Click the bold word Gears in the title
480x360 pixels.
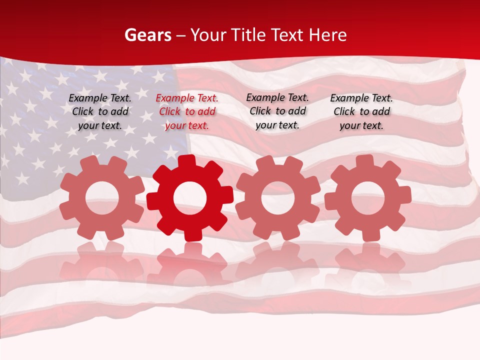(147, 35)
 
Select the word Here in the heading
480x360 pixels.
(327, 35)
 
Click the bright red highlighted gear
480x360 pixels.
(190, 198)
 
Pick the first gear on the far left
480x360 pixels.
(102, 198)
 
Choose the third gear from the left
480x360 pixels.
(278, 197)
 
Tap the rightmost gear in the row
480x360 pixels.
(368, 198)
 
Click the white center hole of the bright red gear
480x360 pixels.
(190, 198)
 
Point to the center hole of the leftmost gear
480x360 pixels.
(102, 198)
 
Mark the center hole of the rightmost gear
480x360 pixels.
(368, 198)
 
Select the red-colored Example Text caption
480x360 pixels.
(187, 112)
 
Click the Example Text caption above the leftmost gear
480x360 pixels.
(100, 112)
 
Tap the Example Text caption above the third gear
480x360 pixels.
(277, 111)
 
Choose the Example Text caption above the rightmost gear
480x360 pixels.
(361, 112)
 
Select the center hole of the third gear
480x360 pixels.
(278, 197)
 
